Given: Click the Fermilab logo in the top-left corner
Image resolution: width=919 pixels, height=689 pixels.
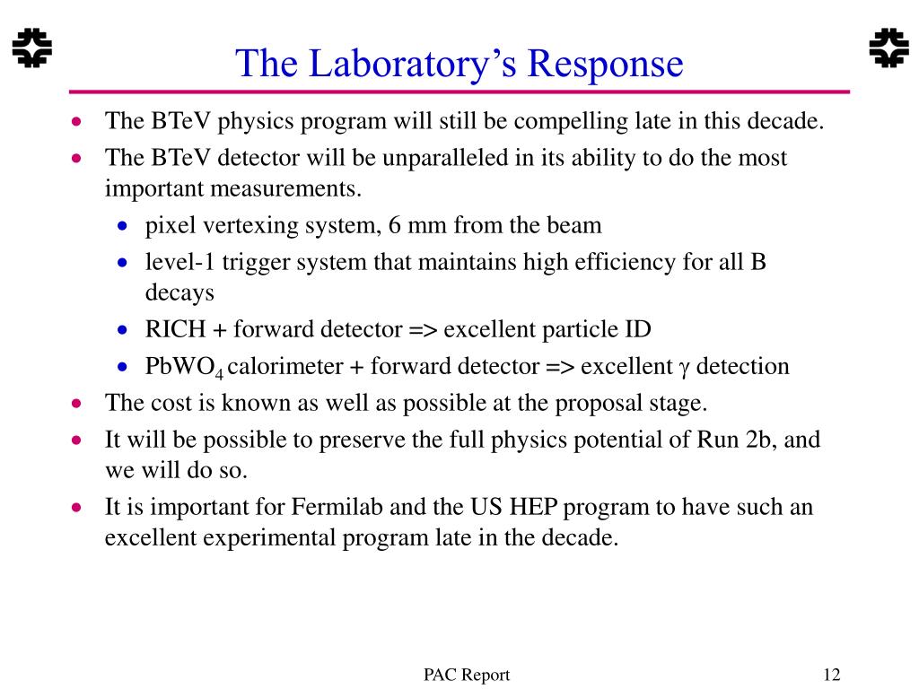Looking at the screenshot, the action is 31,48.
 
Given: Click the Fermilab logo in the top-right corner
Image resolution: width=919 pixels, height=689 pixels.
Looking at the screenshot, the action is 889,48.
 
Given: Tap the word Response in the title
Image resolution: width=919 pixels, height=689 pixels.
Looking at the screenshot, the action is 606,64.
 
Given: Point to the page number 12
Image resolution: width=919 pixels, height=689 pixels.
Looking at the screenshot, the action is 832,675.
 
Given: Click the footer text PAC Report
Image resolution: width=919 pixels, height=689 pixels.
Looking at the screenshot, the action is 467,676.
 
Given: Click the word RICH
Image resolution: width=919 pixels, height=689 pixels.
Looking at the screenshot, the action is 175,329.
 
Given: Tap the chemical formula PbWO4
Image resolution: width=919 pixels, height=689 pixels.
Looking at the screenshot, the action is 184,367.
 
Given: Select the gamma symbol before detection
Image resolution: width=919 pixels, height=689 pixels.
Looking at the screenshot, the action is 684,369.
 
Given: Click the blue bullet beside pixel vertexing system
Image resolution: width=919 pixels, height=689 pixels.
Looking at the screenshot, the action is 122,226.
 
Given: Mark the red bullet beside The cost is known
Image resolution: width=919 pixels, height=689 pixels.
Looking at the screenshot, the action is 76,403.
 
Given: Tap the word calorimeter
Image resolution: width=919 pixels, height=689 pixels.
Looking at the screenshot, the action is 284,366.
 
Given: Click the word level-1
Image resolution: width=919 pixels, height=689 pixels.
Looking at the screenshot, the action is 179,262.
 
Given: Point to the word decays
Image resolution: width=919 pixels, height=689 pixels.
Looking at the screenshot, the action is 179,293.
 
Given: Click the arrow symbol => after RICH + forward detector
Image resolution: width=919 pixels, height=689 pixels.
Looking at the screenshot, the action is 423,330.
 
